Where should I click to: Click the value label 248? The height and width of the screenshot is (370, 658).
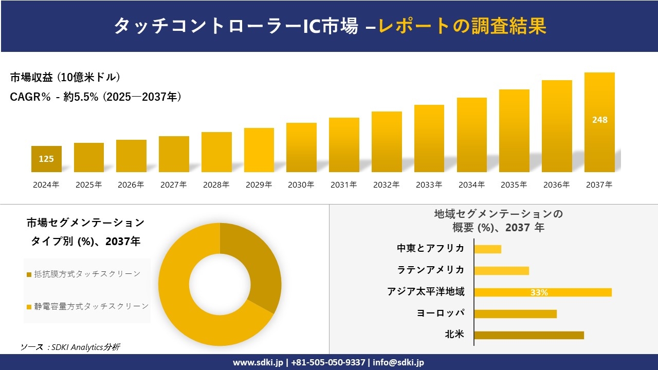[599, 120]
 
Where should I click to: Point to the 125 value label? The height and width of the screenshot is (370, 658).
[46, 159]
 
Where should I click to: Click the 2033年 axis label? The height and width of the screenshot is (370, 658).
[429, 185]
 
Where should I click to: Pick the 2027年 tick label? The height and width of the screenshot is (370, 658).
[173, 185]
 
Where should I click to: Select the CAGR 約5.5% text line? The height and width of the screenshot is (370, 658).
[96, 97]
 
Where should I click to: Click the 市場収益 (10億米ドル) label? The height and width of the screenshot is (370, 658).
[65, 78]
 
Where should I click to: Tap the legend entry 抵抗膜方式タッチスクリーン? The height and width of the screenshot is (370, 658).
[86, 274]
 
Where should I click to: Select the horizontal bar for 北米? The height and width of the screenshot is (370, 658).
[528, 335]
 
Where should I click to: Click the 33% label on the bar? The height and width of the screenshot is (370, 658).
[539, 292]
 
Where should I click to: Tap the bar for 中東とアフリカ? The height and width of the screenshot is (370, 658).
[487, 249]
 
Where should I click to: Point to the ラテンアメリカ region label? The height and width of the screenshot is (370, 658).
[430, 270]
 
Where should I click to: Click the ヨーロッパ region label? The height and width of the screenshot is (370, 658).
[441, 313]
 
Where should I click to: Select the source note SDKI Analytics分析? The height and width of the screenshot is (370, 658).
[70, 347]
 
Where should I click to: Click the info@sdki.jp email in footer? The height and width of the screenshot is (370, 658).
[398, 362]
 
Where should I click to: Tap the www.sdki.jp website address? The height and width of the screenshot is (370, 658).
[258, 362]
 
